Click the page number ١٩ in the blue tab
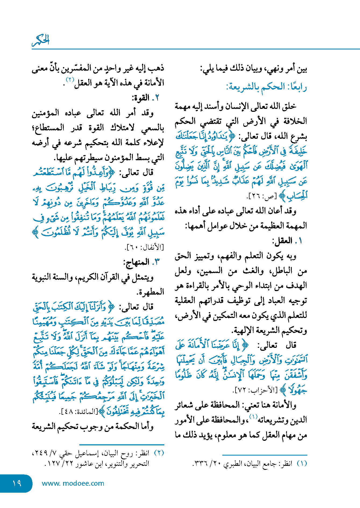17,483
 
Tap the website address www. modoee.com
73,483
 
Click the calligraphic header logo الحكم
41,40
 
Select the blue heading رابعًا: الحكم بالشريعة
266,87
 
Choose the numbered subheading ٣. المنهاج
141,262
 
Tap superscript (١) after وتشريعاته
253,417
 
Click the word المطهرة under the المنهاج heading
151,292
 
